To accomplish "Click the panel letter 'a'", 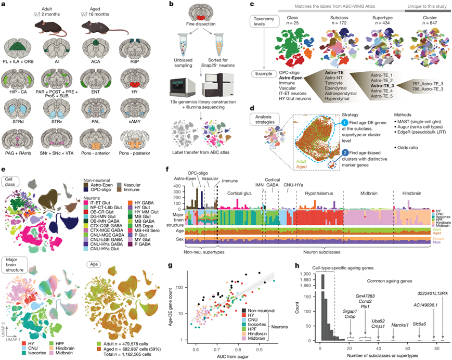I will point(5,5).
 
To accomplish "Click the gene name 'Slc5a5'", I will point(419,323).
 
